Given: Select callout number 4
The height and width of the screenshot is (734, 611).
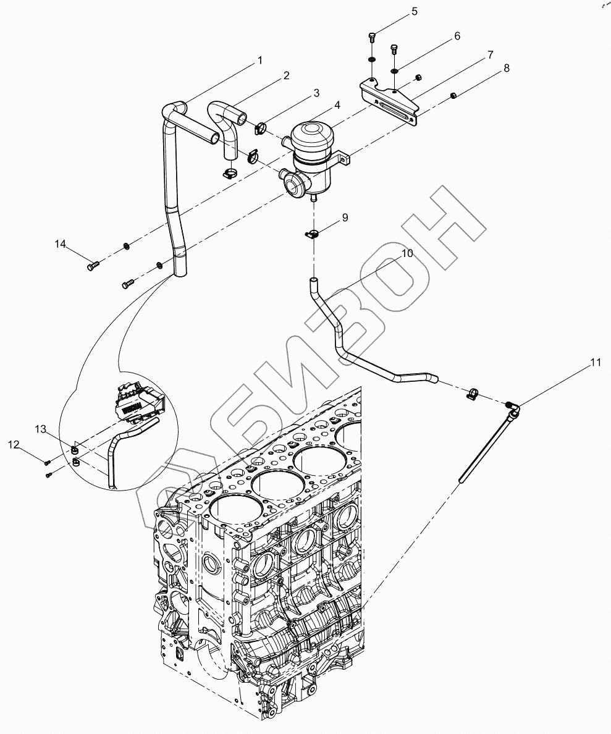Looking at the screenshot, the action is point(337,105).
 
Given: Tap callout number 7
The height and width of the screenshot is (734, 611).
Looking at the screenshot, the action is point(490,55).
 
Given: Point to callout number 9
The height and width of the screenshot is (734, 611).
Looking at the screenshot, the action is point(345,217).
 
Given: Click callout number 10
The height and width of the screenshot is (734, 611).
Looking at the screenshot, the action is point(407,253).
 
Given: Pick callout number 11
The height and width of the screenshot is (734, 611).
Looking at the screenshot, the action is point(595,362).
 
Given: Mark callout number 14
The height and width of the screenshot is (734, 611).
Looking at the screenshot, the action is point(61,244).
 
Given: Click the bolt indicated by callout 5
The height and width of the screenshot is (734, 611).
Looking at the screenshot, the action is point(372,36).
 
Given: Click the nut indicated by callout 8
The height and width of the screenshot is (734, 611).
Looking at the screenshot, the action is point(453,96).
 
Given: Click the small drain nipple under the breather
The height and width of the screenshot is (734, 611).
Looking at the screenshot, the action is point(314,198).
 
